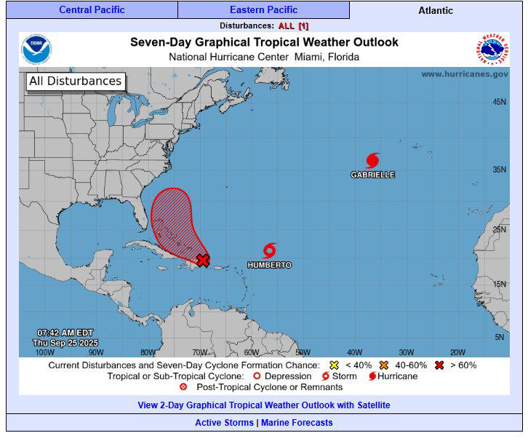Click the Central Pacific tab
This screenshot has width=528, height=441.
[x=92, y=10]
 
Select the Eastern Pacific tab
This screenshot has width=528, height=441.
[x=263, y=10]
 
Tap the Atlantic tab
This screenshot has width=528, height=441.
[x=436, y=10]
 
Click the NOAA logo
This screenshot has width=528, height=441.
[x=36, y=49]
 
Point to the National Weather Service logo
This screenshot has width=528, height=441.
[x=493, y=49]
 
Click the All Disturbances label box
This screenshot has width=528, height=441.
[x=75, y=82]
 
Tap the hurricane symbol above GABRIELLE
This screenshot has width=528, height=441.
[x=373, y=160]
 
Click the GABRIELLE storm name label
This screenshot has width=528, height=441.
[x=373, y=175]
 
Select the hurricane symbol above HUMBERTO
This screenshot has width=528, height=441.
[x=270, y=250]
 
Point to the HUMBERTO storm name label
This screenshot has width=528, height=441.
[x=269, y=266]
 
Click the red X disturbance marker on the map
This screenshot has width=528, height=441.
[x=204, y=260]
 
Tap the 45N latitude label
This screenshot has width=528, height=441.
[x=500, y=102]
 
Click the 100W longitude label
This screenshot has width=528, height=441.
[x=44, y=352]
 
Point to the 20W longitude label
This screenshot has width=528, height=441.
[x=457, y=352]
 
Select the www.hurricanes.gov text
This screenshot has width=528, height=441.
[x=465, y=74]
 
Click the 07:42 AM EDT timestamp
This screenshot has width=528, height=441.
[x=65, y=333]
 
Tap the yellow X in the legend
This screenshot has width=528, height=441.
[x=335, y=365]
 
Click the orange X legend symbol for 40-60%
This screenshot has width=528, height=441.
[x=383, y=365]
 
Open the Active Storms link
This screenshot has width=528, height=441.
[x=224, y=423]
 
